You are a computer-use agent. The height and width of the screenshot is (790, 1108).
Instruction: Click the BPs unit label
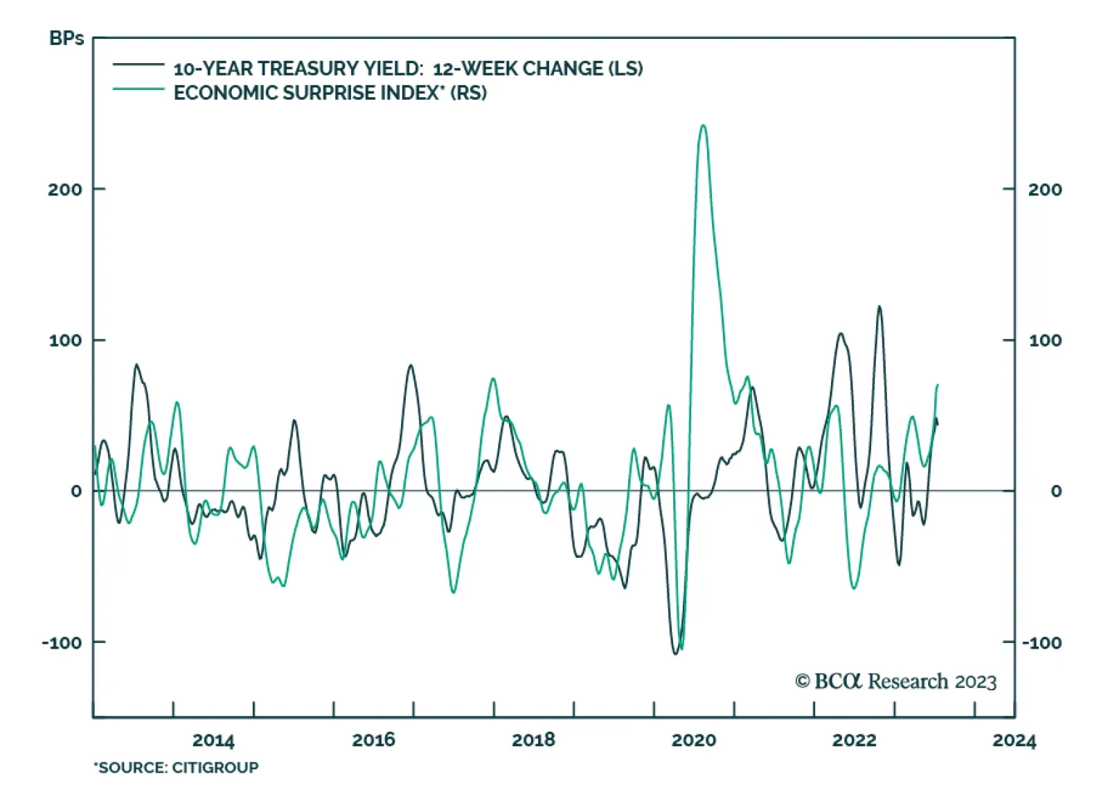tap(66, 38)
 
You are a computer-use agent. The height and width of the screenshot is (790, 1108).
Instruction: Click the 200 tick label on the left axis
tap(64, 189)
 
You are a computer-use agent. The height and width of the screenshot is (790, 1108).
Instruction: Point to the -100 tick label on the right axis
tap(1042, 642)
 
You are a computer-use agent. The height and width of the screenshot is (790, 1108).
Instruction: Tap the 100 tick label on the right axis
tap(1045, 340)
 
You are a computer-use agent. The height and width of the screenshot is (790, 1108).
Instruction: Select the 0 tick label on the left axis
tap(76, 491)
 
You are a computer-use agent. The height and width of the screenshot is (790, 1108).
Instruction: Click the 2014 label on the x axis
tap(213, 740)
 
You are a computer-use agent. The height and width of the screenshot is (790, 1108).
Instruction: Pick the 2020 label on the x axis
tap(694, 740)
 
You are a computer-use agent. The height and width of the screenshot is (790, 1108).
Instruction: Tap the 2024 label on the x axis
tap(1014, 740)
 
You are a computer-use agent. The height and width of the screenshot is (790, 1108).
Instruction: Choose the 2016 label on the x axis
tap(373, 740)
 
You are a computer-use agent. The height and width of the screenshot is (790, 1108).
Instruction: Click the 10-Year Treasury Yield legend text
tap(408, 69)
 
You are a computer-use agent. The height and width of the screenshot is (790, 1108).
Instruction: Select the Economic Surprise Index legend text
tap(330, 93)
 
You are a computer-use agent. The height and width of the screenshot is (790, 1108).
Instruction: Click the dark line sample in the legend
tap(138, 64)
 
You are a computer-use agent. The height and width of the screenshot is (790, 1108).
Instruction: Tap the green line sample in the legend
tap(138, 89)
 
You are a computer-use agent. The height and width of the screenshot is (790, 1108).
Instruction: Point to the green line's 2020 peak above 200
tap(703, 125)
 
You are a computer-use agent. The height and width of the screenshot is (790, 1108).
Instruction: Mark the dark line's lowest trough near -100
tap(676, 653)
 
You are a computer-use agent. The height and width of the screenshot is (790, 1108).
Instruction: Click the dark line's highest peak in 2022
tap(879, 306)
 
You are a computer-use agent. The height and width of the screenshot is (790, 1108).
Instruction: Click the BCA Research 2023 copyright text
tap(895, 681)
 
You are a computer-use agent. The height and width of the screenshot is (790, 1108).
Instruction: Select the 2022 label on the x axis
tap(854, 740)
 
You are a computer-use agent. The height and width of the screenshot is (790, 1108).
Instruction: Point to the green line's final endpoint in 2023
tap(938, 385)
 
